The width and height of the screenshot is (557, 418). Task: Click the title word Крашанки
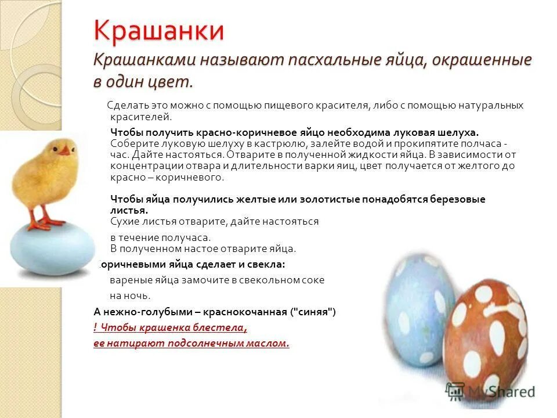(159, 30)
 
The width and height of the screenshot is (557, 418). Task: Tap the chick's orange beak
(66, 151)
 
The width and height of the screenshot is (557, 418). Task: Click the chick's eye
(56, 148)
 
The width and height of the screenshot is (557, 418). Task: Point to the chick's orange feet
(44, 221)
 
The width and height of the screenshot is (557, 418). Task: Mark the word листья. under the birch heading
(129, 210)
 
